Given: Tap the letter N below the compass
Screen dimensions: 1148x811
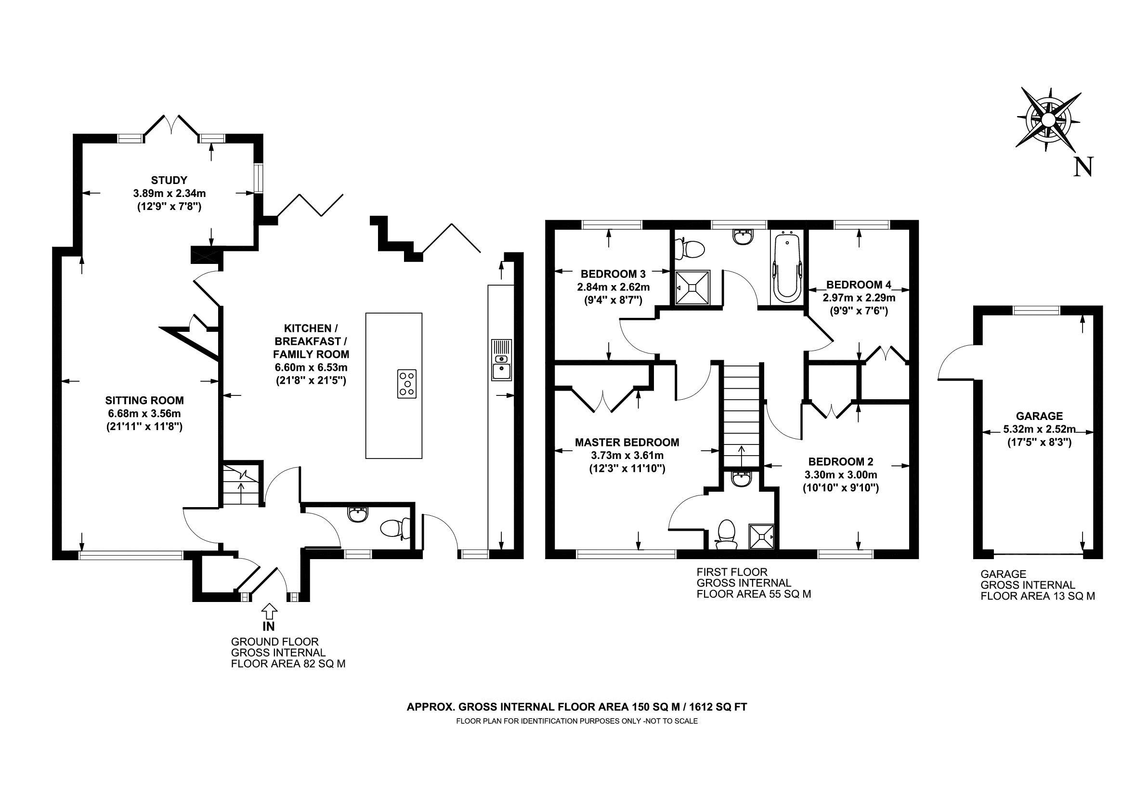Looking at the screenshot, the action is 1083,167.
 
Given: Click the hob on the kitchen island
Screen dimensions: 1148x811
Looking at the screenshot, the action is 407,384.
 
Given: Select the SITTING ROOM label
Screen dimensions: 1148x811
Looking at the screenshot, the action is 144,401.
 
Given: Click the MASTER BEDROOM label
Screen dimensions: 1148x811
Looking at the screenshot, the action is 627,443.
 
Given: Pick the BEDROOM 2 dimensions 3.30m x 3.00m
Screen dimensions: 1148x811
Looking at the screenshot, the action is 840,475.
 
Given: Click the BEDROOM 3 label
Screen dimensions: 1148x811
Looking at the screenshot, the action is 613,274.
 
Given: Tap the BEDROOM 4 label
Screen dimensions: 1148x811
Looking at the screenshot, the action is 859,285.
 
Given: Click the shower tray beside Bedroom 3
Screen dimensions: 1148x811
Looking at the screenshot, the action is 692,288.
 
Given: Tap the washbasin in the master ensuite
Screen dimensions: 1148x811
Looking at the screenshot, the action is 740,479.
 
